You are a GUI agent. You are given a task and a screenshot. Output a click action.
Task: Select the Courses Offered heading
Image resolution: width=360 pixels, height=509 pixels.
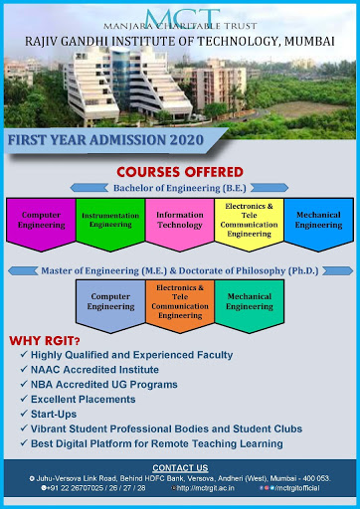click(x=179, y=171)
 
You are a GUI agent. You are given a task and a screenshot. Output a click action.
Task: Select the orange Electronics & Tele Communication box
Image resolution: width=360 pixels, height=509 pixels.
click(x=180, y=301)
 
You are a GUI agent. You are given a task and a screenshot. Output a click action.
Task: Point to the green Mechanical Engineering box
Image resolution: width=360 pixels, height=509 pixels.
click(x=250, y=301)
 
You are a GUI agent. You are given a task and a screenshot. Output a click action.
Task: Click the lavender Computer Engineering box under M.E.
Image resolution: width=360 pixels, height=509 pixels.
click(x=110, y=301)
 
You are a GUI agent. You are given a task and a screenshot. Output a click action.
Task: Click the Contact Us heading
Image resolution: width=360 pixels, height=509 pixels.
click(x=180, y=467)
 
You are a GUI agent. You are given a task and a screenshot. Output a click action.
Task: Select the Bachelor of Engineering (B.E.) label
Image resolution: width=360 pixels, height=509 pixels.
click(x=180, y=186)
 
